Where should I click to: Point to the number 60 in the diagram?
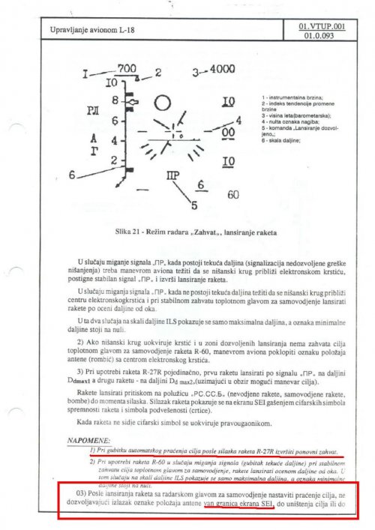click(x=233, y=195)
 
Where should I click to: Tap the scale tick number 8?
click(x=115, y=99)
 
